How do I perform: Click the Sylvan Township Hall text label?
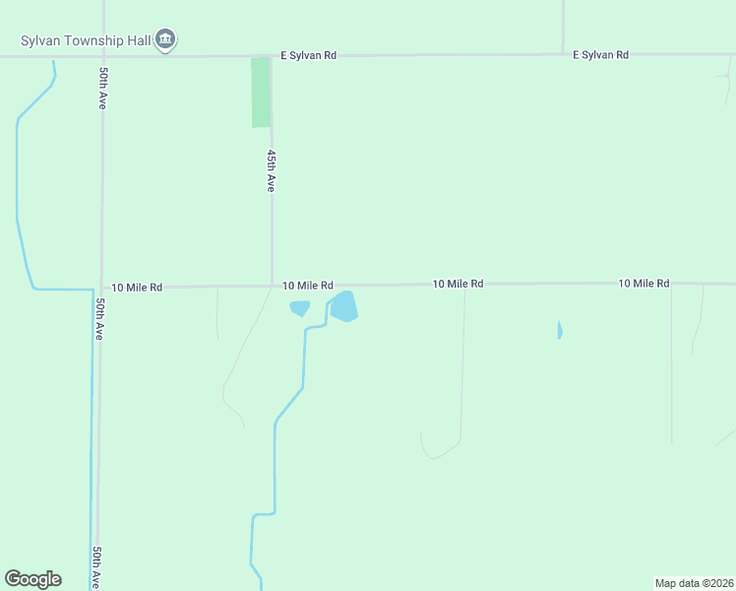pos(87,40)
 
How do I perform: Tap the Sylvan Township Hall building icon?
pos(165,39)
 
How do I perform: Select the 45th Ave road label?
pos(271,170)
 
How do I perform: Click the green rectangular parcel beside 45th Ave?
pos(261,92)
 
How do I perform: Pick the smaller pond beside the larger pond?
pos(300,308)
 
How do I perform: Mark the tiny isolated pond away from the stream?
pos(560,330)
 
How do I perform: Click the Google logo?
pos(32,579)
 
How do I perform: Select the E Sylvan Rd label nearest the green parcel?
pos(308,55)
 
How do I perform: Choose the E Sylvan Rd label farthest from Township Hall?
pos(600,55)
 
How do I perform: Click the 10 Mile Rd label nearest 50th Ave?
pos(137,288)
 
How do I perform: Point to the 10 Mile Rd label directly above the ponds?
pos(307,286)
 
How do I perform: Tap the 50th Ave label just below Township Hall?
pos(102,88)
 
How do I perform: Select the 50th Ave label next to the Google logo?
pos(96,567)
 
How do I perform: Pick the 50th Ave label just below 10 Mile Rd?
pos(99,317)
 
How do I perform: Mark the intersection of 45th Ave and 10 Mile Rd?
pos(272,287)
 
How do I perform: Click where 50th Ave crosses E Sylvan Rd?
pos(102,56)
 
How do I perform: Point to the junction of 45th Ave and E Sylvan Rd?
pos(272,56)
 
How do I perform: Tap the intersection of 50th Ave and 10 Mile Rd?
pos(101,288)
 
